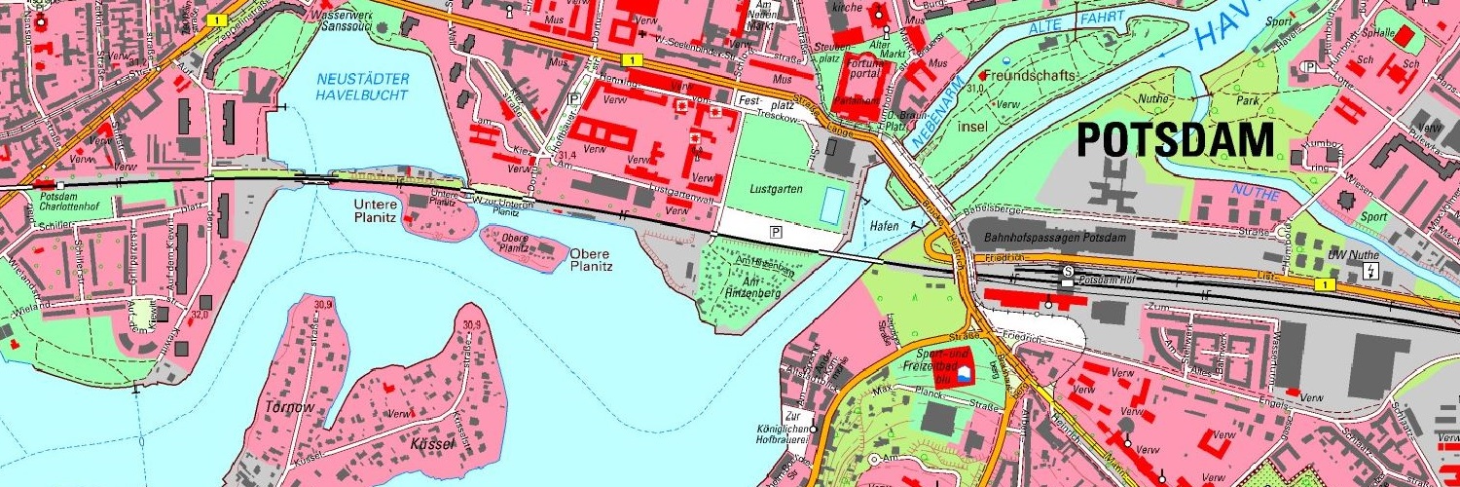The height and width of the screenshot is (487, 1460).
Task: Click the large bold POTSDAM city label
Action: (1175, 141)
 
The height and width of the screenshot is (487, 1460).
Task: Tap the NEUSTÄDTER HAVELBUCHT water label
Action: (363, 87)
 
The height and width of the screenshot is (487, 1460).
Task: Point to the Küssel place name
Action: (433, 444)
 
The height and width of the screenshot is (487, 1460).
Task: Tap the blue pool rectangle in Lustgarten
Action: (832, 206)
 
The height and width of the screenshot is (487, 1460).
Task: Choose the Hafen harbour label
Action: (885, 225)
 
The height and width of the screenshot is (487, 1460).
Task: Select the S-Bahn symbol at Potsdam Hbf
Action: (1068, 271)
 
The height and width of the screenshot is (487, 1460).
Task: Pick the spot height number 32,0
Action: (201, 315)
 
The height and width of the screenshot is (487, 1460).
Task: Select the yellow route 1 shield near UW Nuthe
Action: (1324, 284)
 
